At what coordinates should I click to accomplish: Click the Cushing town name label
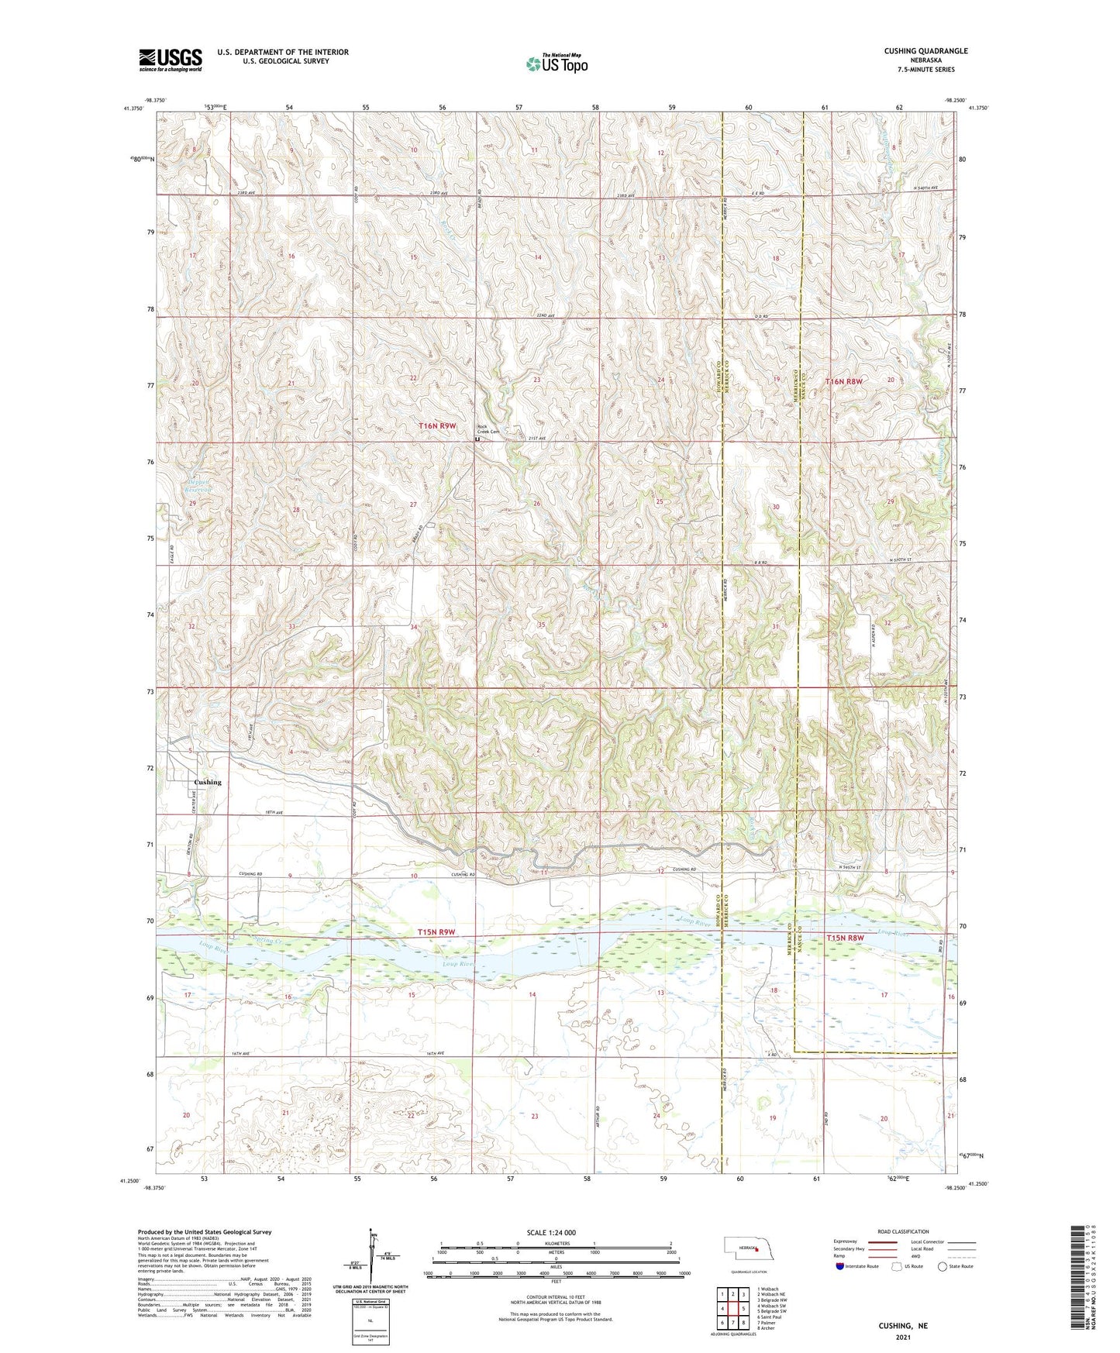[x=207, y=782]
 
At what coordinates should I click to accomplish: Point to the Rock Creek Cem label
[x=488, y=429]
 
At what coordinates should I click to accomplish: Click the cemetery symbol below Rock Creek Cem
[x=477, y=439]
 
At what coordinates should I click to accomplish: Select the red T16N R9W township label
[x=437, y=426]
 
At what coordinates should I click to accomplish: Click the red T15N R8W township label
[x=845, y=938]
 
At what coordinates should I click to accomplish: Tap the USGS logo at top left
[x=171, y=60]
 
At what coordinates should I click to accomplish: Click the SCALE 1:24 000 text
[x=551, y=1233]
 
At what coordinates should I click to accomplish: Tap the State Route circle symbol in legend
[x=942, y=1266]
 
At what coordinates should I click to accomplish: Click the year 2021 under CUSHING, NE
[x=902, y=1337]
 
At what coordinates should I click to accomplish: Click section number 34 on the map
[x=414, y=626]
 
